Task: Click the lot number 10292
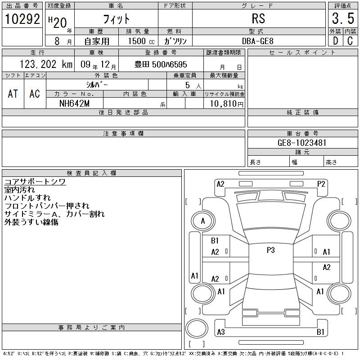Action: coord(22,19)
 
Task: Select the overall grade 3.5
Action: coord(343,18)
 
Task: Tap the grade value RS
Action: coord(258,18)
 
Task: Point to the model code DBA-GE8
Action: coord(257,41)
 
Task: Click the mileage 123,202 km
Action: coord(46,64)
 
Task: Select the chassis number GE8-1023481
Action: coord(301,143)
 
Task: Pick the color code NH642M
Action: coord(74,103)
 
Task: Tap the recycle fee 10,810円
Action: coord(226,104)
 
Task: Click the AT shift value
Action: coord(13,94)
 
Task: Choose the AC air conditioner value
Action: coord(35,94)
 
